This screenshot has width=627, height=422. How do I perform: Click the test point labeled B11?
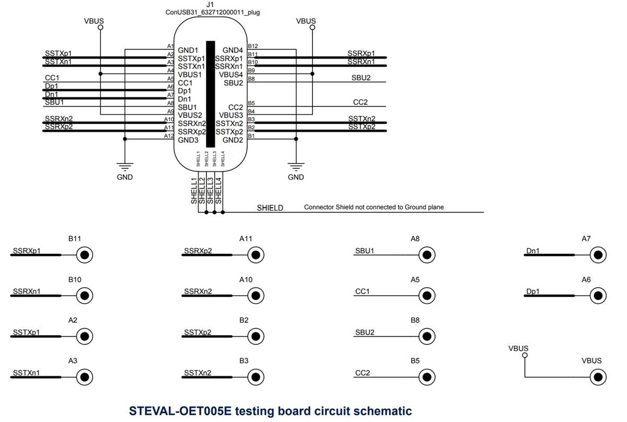[x=84, y=255]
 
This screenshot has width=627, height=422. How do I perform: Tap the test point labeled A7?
[x=598, y=255]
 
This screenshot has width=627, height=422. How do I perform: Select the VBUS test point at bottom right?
[x=598, y=377]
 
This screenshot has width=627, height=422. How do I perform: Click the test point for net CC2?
[x=427, y=377]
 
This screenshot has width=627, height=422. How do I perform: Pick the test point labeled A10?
[x=256, y=296]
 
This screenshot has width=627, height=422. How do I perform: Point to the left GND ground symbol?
[x=125, y=168]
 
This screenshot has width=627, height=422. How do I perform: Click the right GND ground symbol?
[x=296, y=168]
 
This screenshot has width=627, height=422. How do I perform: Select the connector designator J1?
[x=210, y=4]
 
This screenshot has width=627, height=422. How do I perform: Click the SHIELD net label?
[x=270, y=208]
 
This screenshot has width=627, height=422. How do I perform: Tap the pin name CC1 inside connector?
[x=185, y=83]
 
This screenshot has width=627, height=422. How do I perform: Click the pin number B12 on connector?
[x=253, y=46]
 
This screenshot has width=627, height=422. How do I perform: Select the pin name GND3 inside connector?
[x=188, y=139]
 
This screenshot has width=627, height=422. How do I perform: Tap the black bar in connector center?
[x=210, y=94]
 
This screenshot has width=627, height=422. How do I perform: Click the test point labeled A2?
[x=84, y=336]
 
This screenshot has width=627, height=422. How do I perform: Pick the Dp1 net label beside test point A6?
[x=533, y=291]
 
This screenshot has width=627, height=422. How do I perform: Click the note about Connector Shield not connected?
[x=374, y=207]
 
